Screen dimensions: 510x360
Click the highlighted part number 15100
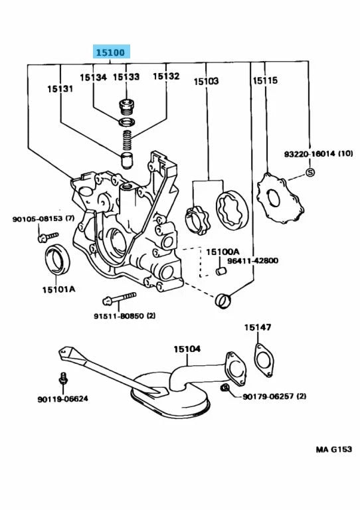[x=111, y=52]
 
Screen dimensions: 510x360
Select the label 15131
[x=60, y=88]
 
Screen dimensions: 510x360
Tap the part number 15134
[x=93, y=77]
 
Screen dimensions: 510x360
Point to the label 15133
[x=126, y=77]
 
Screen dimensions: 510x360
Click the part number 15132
[x=166, y=77]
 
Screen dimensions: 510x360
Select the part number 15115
[x=265, y=80]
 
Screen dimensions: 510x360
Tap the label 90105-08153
[x=41, y=219]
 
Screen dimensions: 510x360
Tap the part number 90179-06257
[x=274, y=396]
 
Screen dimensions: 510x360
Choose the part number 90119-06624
[x=63, y=399]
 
